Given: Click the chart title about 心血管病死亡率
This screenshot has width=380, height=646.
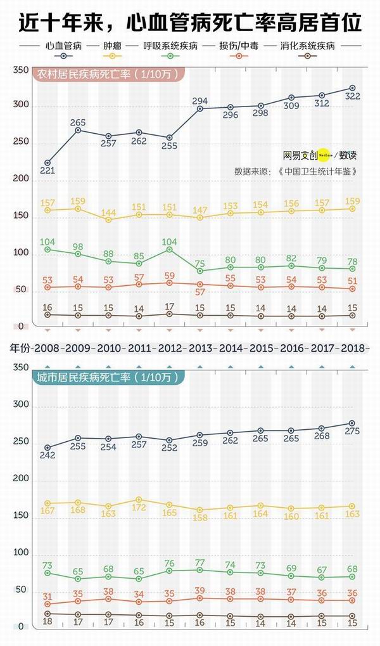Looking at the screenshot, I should (190, 23).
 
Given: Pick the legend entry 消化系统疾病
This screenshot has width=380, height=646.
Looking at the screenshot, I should (308, 46).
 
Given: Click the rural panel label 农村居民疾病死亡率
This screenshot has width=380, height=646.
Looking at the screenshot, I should (108, 74).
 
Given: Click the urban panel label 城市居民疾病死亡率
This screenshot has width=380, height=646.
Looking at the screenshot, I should (108, 377).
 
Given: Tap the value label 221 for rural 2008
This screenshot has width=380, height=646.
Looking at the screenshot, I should (47, 171).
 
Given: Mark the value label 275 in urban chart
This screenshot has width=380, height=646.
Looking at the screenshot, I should (352, 432).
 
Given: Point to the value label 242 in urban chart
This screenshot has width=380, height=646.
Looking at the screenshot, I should (47, 456).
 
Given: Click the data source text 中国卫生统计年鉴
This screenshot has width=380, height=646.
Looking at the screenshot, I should (313, 171).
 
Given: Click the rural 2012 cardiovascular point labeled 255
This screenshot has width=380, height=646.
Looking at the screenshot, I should (169, 138).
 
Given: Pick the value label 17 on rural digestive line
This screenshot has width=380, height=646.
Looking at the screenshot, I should (169, 307).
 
